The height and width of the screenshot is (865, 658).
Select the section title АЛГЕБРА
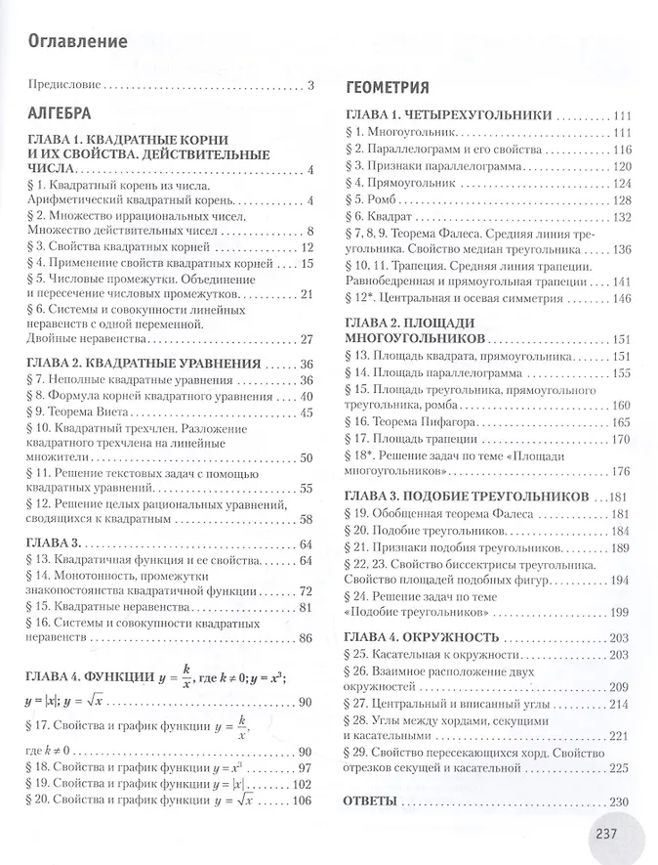pyautogui.click(x=60, y=110)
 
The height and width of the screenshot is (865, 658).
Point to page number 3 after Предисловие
pyautogui.click(x=310, y=85)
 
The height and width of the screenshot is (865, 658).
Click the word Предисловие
pyautogui.click(x=64, y=85)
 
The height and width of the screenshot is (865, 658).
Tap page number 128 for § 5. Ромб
pyautogui.click(x=622, y=198)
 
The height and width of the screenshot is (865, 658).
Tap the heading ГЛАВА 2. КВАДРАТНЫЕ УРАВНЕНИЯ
pyautogui.click(x=145, y=364)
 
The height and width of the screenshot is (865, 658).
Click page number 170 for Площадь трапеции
pyautogui.click(x=622, y=438)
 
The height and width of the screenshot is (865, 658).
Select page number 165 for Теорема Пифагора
pyautogui.click(x=622, y=421)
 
